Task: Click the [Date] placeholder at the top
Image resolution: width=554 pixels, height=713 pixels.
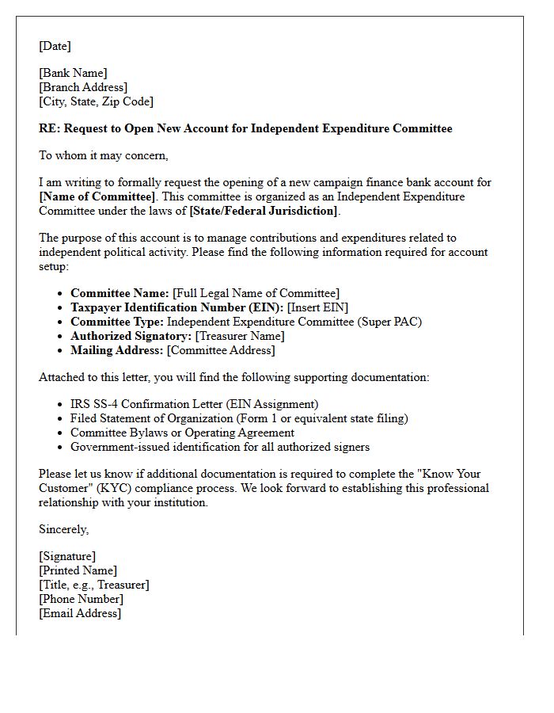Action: coord(55,46)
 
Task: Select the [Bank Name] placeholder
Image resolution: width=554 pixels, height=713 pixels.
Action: coord(73,73)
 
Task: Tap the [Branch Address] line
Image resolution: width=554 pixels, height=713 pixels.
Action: coord(83,87)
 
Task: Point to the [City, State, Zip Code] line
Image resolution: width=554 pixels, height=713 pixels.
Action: coord(96,101)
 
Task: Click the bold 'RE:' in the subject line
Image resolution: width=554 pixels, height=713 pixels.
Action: coord(49,128)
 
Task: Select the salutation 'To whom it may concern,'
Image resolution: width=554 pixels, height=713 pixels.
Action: coord(103,155)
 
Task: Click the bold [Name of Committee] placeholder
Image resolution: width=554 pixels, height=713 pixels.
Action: coord(97,196)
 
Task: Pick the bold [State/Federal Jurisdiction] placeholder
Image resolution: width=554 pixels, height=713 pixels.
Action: coord(264,211)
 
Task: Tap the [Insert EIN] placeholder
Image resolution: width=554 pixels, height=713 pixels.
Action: coord(317,307)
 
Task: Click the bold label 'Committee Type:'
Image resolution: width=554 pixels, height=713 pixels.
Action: coord(117,322)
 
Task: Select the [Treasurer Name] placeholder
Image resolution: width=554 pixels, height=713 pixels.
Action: coord(240,336)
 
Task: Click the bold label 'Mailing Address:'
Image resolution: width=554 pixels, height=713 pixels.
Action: coord(117,350)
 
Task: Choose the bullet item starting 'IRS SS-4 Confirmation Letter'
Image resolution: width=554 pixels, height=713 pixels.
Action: coord(194,404)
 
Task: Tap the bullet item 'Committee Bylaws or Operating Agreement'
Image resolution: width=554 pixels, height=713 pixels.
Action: coord(182,433)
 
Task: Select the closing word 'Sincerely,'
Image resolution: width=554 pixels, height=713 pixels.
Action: coord(64,529)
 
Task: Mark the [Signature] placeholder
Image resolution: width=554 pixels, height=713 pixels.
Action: coord(67,556)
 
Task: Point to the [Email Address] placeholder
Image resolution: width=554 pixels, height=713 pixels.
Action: coord(80,613)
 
